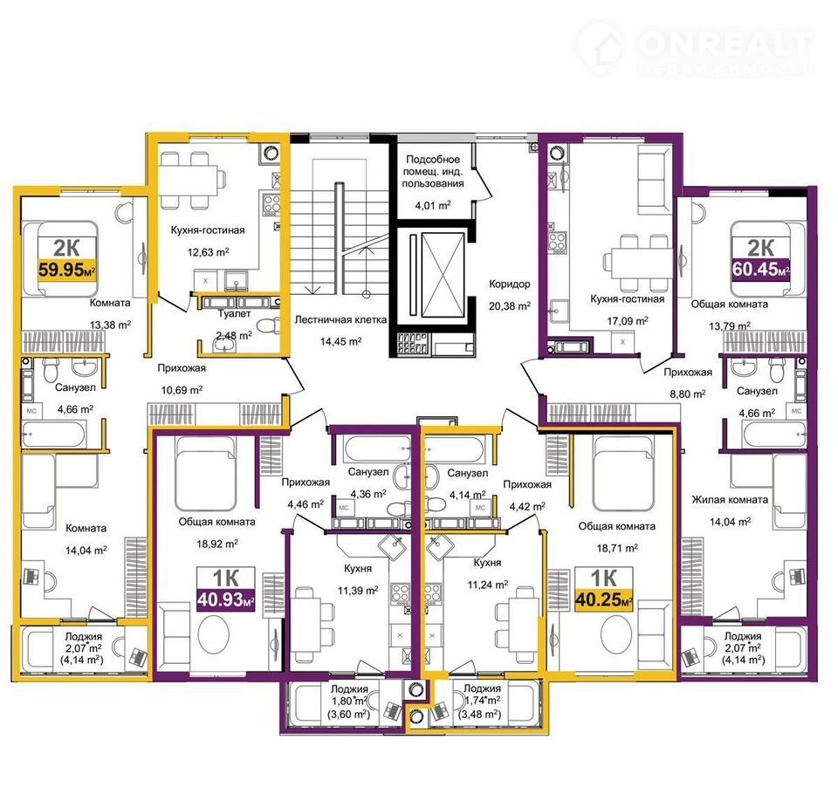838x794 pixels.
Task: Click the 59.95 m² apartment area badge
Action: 67,270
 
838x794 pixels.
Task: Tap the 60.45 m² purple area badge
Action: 760,269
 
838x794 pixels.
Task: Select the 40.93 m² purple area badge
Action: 225,599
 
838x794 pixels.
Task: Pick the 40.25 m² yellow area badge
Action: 603,599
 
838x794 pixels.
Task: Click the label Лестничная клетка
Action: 340,319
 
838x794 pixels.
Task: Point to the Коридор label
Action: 509,284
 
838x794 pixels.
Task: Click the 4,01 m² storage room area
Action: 432,205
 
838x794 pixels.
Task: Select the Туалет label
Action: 234,313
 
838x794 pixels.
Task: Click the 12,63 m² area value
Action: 208,251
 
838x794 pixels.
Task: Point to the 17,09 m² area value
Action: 628,320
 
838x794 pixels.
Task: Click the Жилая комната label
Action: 730,500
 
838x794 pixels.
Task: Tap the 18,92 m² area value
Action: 217,544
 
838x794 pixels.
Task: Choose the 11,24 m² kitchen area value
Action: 487,585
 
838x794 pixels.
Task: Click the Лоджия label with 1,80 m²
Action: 349,689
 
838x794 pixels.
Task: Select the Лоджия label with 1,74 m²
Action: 482,688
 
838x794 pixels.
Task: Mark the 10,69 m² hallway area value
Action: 182,390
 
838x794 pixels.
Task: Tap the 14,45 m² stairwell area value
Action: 340,341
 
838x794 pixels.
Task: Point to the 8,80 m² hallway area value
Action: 687,394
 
